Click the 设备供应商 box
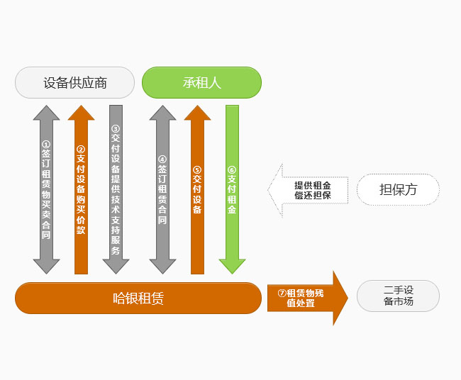coord(74,82)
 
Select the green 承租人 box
coord(202,82)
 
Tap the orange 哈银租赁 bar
coord(138,298)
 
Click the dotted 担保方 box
coord(398,189)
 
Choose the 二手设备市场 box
coord(398,296)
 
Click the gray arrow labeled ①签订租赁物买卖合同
coord(46,189)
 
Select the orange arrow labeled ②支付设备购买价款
coord(81,189)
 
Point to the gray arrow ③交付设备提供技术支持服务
coord(116,189)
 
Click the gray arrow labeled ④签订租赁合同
coord(162,189)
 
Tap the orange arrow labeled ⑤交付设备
coord(197,189)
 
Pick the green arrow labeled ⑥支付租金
coord(232,189)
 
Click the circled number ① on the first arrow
coord(46,144)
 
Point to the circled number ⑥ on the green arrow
coord(232,170)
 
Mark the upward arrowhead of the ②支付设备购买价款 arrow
coord(81,113)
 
